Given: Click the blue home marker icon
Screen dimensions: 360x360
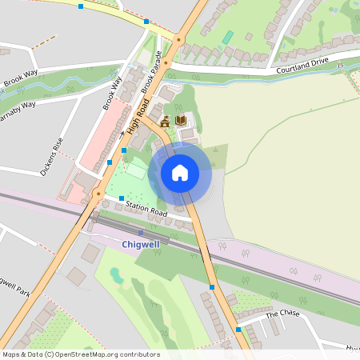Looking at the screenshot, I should click(x=179, y=172).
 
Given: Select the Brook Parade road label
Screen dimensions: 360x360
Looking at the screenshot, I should click(x=158, y=72).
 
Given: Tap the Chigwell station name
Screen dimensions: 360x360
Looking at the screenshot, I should click(x=141, y=244).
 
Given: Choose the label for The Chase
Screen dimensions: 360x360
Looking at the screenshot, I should click(x=282, y=314).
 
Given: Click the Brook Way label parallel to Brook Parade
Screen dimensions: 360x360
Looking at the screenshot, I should click(x=111, y=93).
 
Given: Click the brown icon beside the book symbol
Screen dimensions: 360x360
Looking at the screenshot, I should click(x=166, y=122).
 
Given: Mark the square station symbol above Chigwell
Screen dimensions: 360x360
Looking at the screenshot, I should click(x=141, y=233).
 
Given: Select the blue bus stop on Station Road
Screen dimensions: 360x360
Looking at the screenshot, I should click(x=122, y=198).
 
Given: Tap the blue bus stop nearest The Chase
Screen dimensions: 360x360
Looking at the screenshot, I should click(x=238, y=329).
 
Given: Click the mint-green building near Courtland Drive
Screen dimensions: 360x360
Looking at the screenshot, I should click(x=228, y=37).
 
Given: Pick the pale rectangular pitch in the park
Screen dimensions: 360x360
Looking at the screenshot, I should click(x=135, y=170).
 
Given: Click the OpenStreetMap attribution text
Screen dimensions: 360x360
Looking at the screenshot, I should click(x=81, y=354).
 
